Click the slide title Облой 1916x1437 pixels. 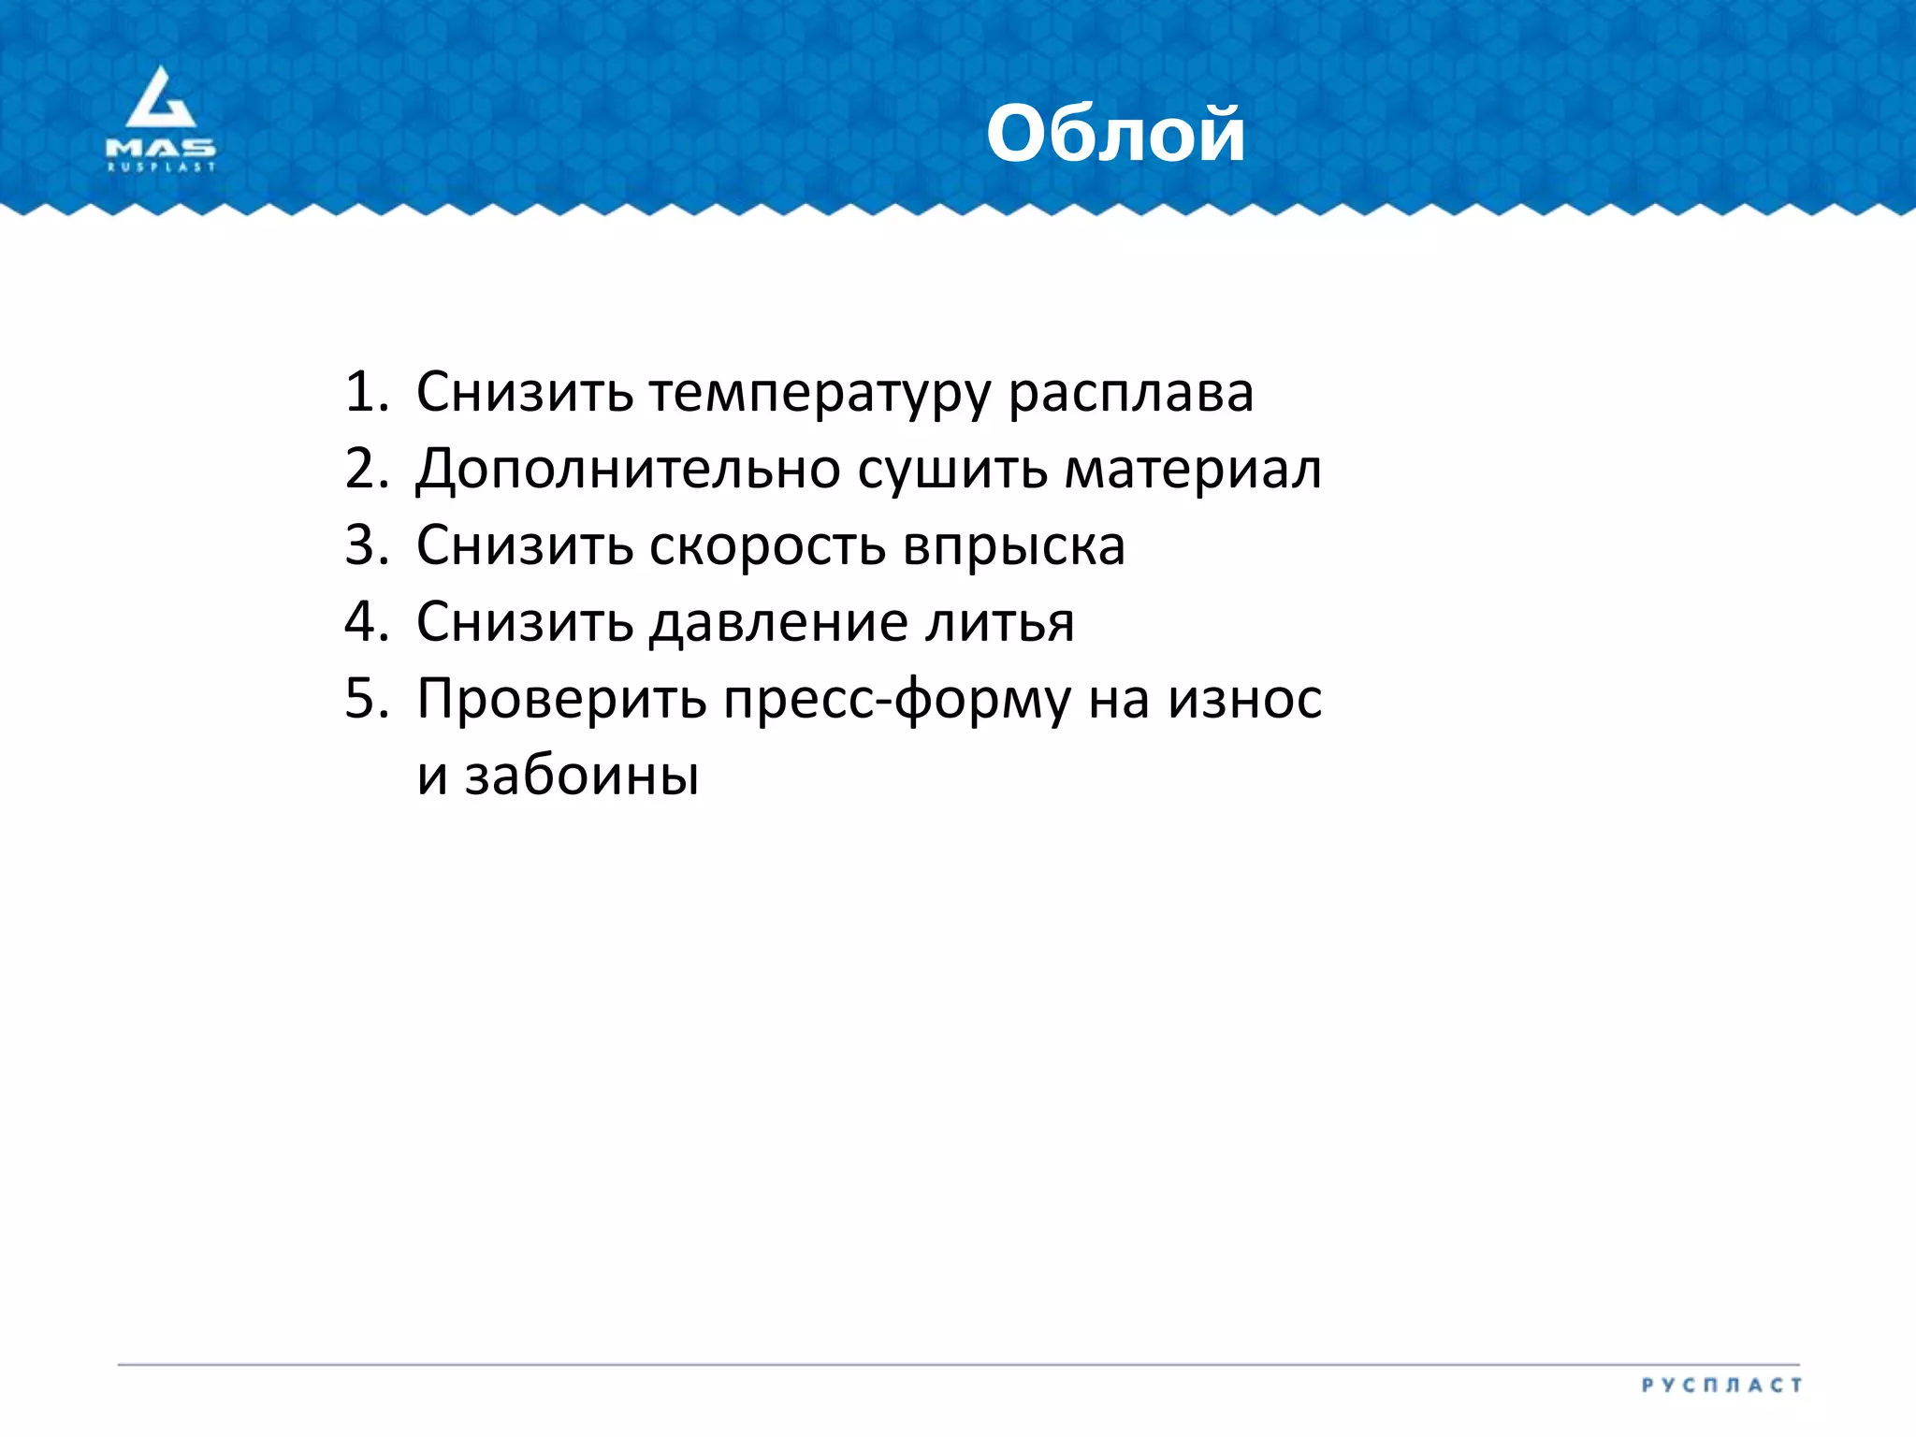click(x=1115, y=135)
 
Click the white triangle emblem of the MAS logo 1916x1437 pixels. click(x=161, y=99)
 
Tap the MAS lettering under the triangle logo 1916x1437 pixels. click(x=161, y=148)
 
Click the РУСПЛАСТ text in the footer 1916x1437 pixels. click(x=1721, y=1385)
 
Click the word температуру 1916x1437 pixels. click(x=820, y=394)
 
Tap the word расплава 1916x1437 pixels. click(x=1130, y=394)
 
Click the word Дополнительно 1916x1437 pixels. click(x=628, y=471)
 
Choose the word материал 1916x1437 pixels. click(x=1193, y=471)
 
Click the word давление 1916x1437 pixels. click(x=778, y=624)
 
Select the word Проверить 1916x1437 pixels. click(x=561, y=701)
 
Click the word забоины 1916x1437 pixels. click(x=582, y=777)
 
